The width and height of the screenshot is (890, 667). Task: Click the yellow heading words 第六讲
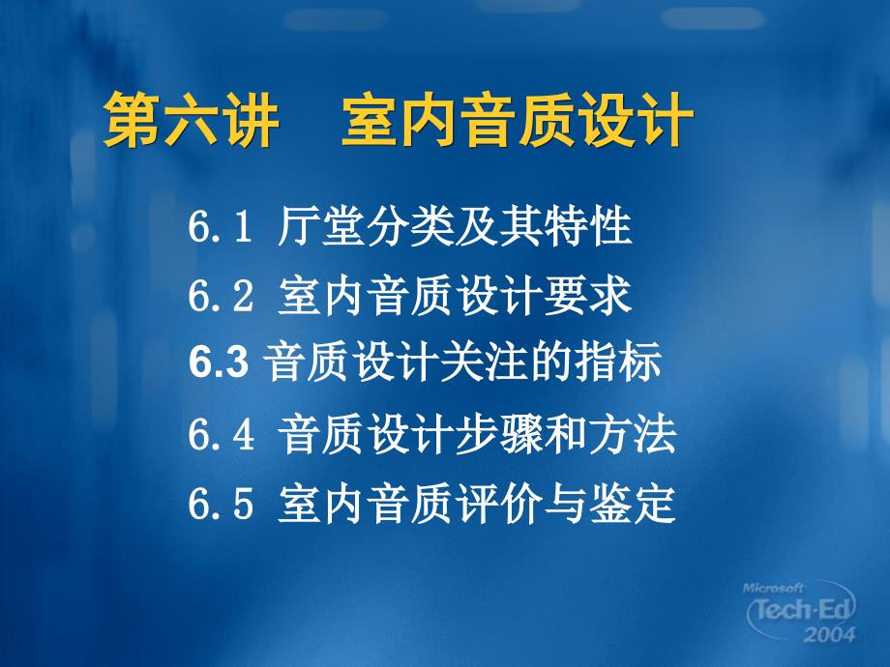click(191, 120)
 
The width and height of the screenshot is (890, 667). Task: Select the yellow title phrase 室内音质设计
click(518, 120)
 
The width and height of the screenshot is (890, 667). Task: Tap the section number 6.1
click(220, 226)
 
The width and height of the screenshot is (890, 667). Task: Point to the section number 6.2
click(221, 296)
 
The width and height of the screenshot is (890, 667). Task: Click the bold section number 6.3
click(219, 362)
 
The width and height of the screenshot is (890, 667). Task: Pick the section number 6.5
click(221, 503)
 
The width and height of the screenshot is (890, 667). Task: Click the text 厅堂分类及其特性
click(455, 226)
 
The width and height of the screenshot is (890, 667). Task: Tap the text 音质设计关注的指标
click(462, 361)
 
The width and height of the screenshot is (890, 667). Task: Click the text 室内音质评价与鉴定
click(477, 503)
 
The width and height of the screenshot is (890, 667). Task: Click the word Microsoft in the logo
click(773, 588)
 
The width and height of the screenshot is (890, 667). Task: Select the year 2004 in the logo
click(829, 634)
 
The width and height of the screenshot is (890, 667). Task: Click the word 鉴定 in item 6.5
click(633, 503)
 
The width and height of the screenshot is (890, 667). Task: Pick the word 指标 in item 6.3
click(617, 361)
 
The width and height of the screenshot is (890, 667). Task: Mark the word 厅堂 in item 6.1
click(321, 226)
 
